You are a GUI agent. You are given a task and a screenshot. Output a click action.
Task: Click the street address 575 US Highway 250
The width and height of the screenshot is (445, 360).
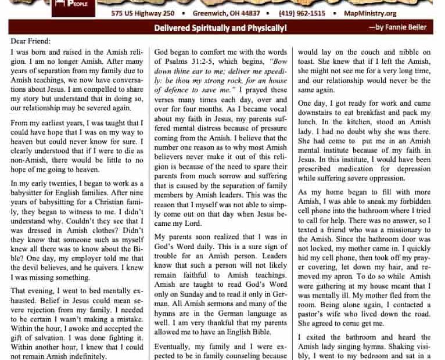pyautogui.click(x=143, y=13)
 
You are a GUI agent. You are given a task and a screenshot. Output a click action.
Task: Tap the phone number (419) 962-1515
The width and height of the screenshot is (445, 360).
pyautogui.click(x=302, y=13)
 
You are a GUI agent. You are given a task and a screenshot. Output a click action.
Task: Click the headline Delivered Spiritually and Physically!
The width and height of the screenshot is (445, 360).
pyautogui.click(x=220, y=27)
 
